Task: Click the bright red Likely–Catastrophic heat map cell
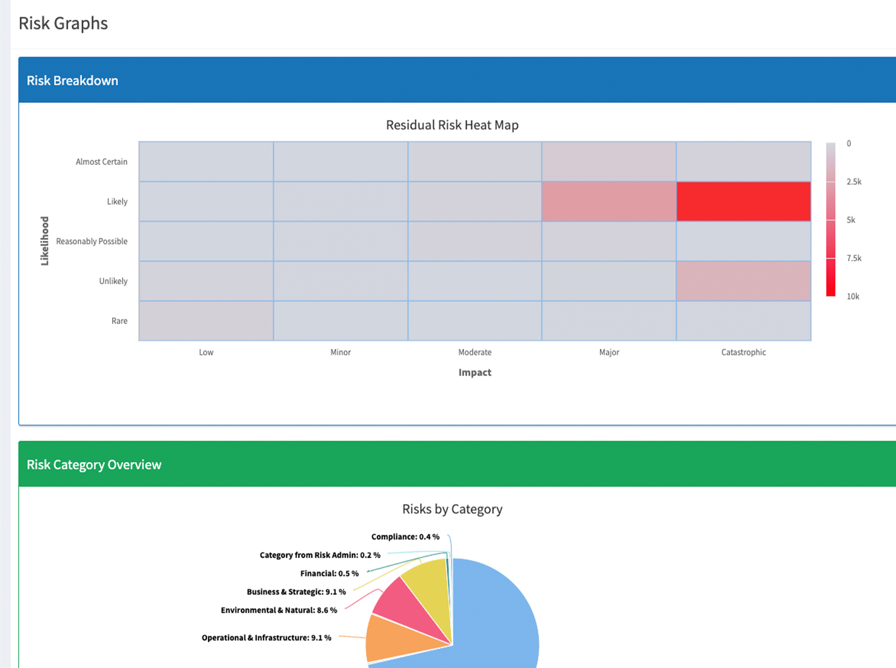(x=743, y=201)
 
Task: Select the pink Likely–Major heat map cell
(x=609, y=201)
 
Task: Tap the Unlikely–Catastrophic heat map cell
(x=743, y=281)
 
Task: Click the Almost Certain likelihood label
(x=101, y=162)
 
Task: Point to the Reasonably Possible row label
(x=91, y=241)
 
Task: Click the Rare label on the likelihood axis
(x=119, y=321)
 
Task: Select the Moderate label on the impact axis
(x=474, y=352)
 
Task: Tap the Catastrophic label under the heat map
(x=743, y=352)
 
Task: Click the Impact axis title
(x=474, y=373)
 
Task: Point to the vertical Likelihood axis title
(x=44, y=241)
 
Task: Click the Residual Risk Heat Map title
(x=452, y=125)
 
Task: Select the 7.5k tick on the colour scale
(x=853, y=258)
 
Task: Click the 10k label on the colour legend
(x=853, y=296)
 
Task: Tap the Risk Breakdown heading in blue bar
(x=72, y=81)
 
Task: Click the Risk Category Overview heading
(x=94, y=464)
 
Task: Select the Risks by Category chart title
(x=452, y=509)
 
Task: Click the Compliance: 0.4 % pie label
(x=405, y=537)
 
